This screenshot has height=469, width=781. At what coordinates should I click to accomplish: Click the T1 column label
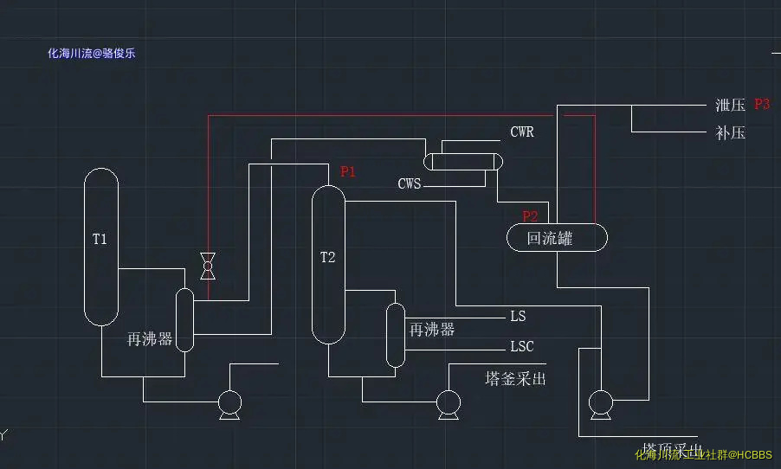click(100, 239)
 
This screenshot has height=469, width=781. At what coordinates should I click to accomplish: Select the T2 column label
click(327, 257)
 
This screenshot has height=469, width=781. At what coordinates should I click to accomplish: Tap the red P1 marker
click(348, 171)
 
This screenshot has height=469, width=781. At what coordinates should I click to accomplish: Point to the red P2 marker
click(530, 216)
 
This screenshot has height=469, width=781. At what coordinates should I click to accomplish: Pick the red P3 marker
click(762, 104)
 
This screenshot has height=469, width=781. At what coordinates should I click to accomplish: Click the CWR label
click(522, 132)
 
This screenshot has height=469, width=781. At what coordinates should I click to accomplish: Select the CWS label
click(410, 183)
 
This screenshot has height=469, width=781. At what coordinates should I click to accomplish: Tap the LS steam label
click(518, 316)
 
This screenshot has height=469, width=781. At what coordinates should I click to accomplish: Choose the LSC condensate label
click(522, 347)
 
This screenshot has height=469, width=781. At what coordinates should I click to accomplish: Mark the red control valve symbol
click(208, 266)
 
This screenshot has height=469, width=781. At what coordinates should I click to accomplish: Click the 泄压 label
click(730, 106)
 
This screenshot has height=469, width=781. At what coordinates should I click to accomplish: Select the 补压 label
click(730, 133)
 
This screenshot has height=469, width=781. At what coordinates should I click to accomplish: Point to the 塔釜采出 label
click(516, 378)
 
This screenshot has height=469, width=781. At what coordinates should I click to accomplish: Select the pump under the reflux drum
click(600, 402)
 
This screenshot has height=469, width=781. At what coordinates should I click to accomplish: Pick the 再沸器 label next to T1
click(150, 339)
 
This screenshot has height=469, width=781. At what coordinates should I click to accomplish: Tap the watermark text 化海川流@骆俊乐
click(92, 53)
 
